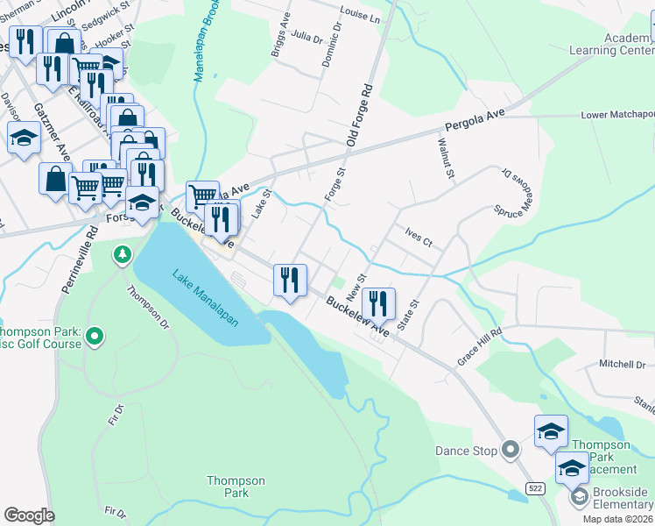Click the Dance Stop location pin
point(512,451)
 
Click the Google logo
point(29,515)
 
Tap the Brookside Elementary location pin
point(579,497)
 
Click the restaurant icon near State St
point(378,304)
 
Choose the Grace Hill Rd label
point(479,346)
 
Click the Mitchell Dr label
point(622,364)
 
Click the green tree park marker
point(123,254)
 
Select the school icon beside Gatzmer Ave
point(24,138)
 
